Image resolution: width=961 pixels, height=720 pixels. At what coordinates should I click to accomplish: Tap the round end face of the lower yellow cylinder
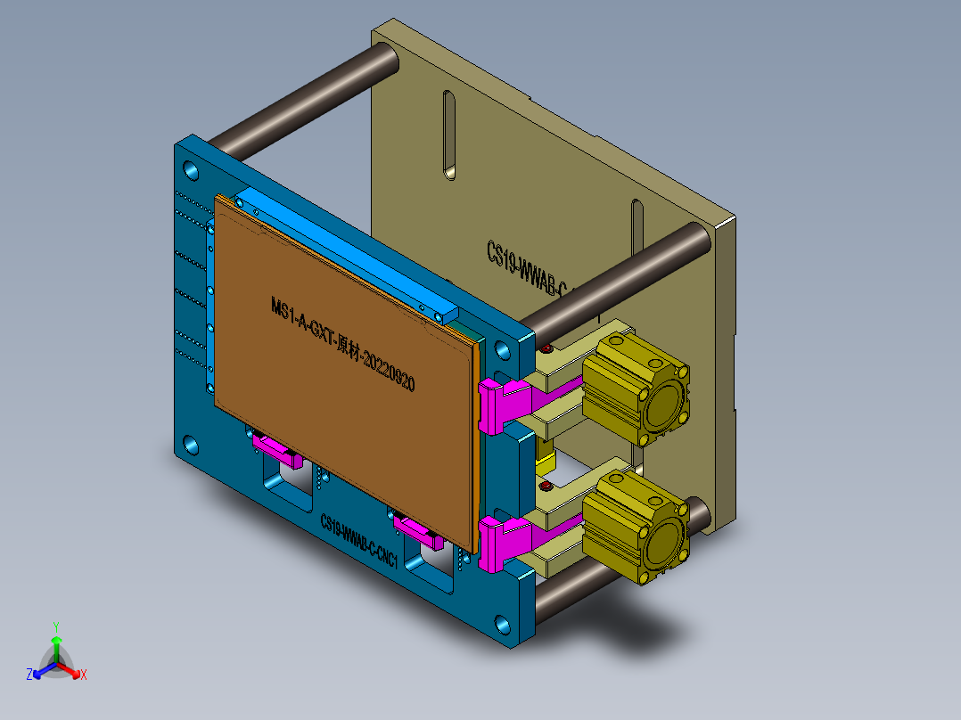coord(668,537)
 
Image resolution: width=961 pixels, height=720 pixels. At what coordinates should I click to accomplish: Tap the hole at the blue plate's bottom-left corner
coord(192,443)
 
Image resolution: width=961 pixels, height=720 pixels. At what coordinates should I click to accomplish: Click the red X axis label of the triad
coord(83,675)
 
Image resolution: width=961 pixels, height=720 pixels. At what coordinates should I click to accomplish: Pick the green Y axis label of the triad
coord(55,626)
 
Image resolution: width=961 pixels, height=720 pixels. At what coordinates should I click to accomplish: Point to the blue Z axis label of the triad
coord(29,675)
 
